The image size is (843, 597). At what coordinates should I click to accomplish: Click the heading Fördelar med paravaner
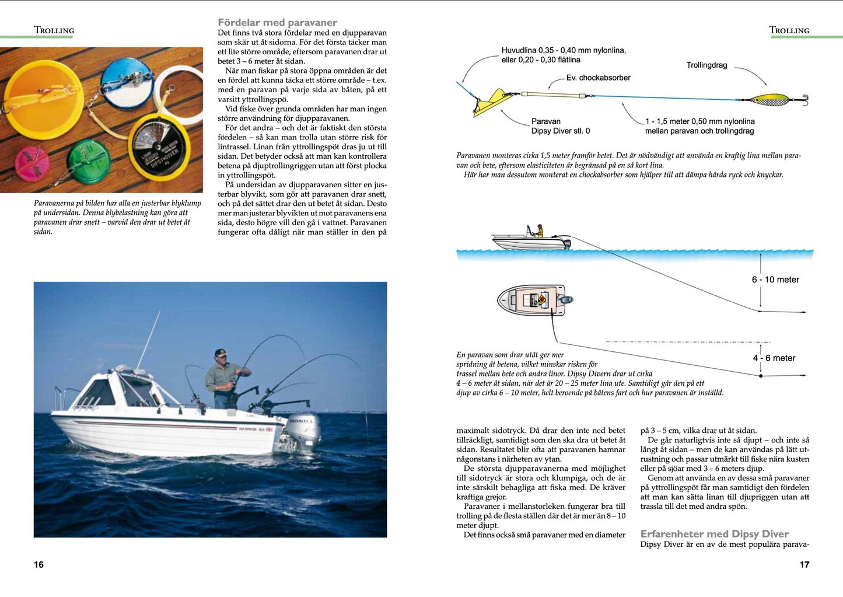tap(277, 22)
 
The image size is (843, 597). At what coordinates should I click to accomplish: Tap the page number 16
tap(39, 564)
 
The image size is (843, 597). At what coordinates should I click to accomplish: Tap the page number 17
tap(804, 564)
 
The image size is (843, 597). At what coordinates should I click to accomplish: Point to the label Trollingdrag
tap(706, 65)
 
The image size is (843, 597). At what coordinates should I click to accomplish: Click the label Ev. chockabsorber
tap(598, 78)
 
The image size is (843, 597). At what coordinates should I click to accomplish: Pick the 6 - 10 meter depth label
tap(775, 280)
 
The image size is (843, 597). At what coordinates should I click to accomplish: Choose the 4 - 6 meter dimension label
tap(774, 358)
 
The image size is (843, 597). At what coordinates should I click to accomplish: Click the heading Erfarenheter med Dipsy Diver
tap(714, 533)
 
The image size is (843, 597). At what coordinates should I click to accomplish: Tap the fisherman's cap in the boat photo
tap(220, 352)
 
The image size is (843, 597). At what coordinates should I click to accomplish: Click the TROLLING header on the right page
tap(789, 30)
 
